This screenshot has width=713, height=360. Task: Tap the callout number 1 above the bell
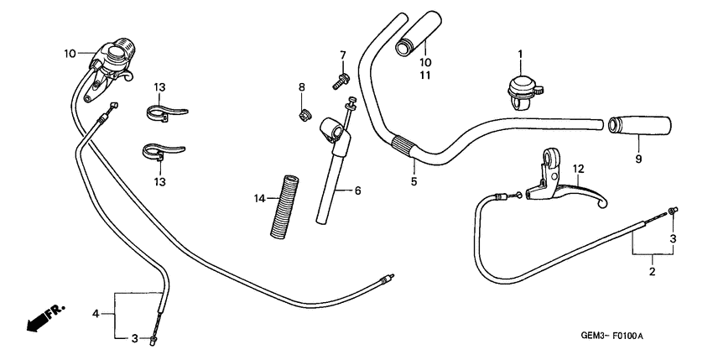pyautogui.click(x=519, y=55)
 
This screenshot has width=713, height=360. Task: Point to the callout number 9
pyautogui.click(x=638, y=158)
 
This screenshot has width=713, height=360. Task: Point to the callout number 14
pyautogui.click(x=261, y=199)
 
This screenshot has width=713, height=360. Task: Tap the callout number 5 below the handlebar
pyautogui.click(x=414, y=180)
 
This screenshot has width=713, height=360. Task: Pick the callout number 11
pyautogui.click(x=425, y=75)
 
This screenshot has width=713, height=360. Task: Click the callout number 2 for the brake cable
pyautogui.click(x=652, y=271)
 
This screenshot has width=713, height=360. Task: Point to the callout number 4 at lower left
pyautogui.click(x=96, y=314)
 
